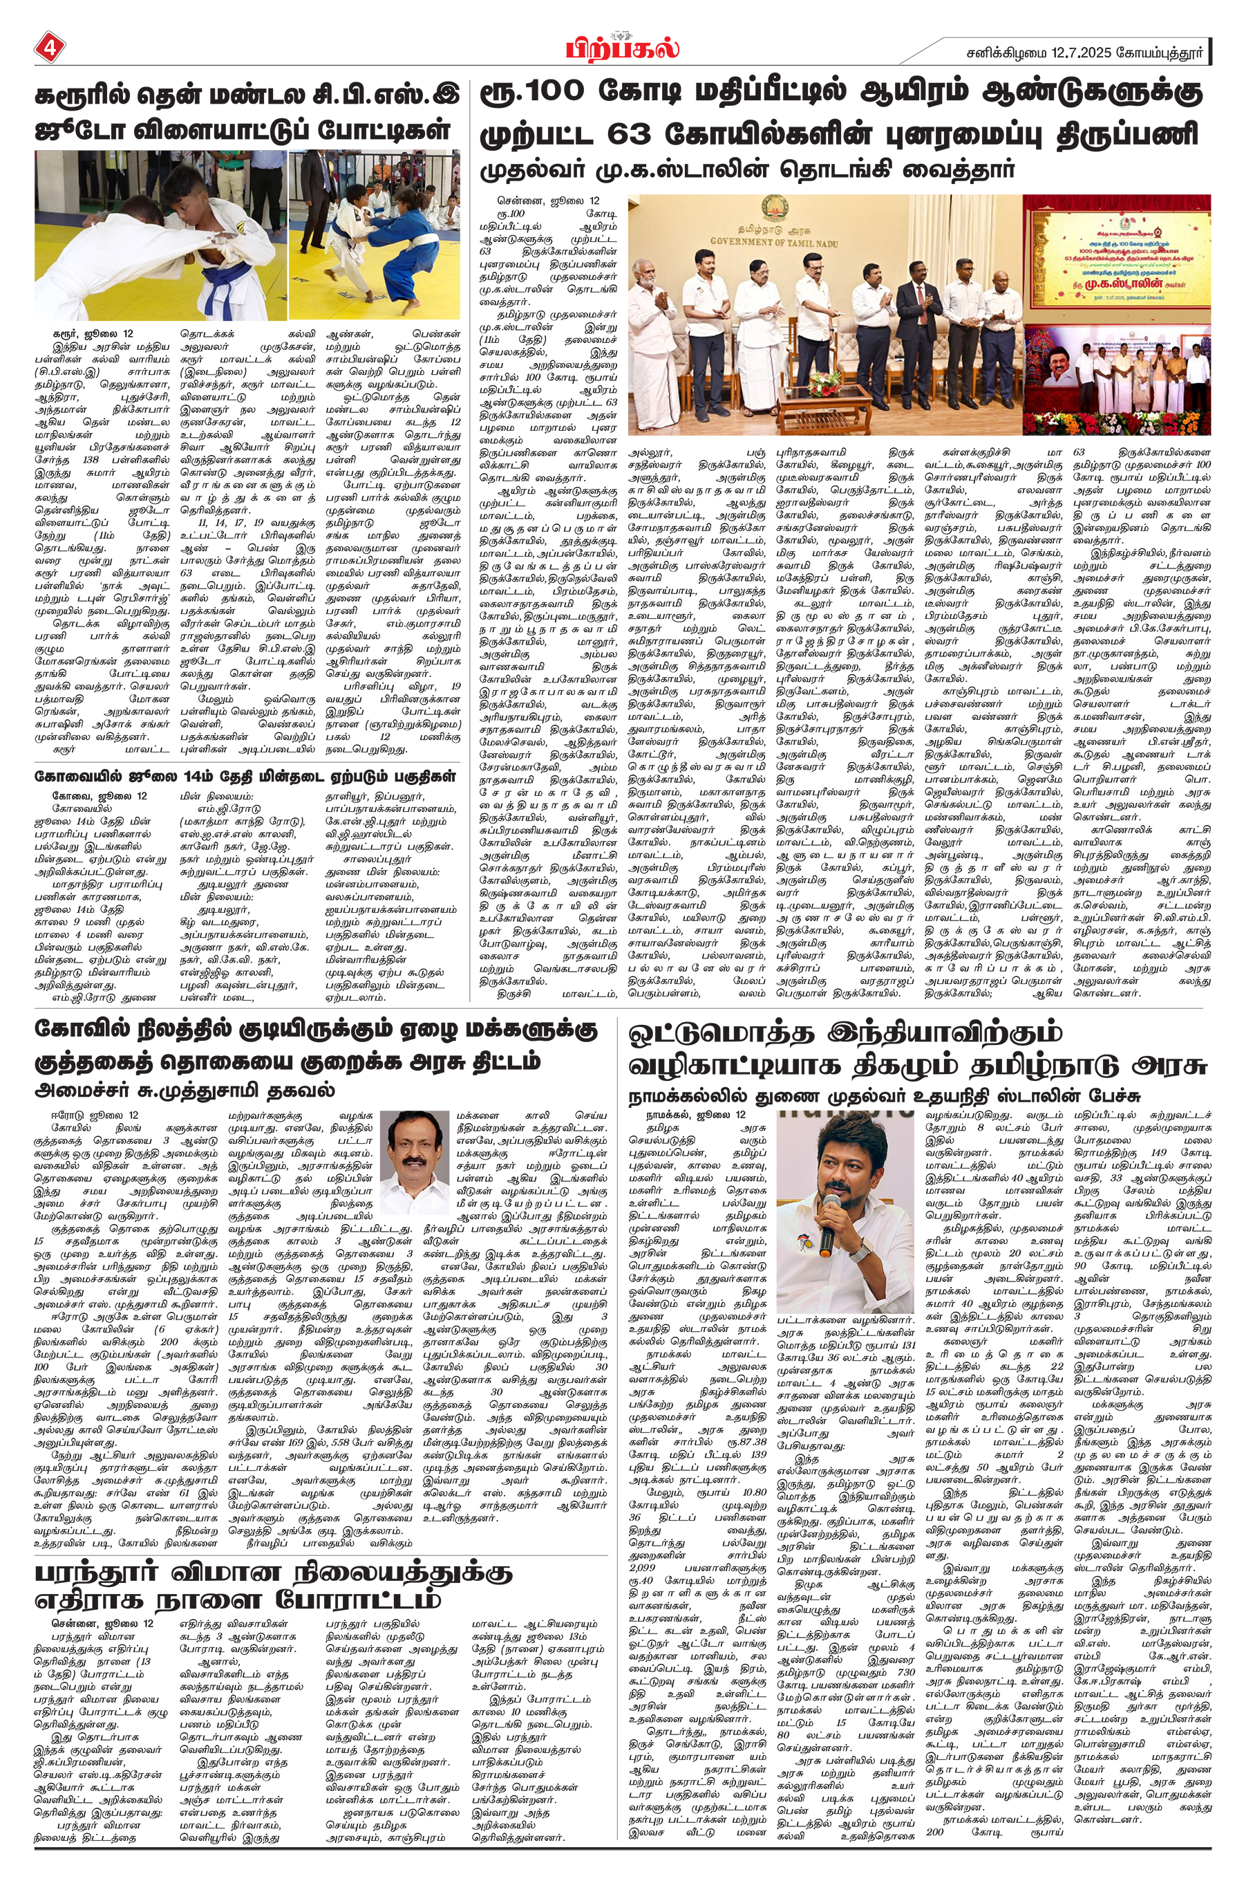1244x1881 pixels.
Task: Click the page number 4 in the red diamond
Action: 50,48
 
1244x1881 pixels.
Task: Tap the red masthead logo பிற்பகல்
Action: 622,48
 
